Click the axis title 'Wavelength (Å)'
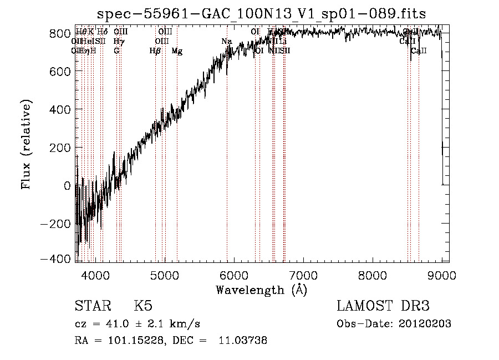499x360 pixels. [262, 290]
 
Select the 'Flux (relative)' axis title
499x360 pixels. [27, 144]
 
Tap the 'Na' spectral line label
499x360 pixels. [226, 42]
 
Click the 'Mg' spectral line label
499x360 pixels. [177, 51]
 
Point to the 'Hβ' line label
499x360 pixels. [155, 51]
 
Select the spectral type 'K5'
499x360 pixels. [143, 306]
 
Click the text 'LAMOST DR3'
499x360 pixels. [383, 306]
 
